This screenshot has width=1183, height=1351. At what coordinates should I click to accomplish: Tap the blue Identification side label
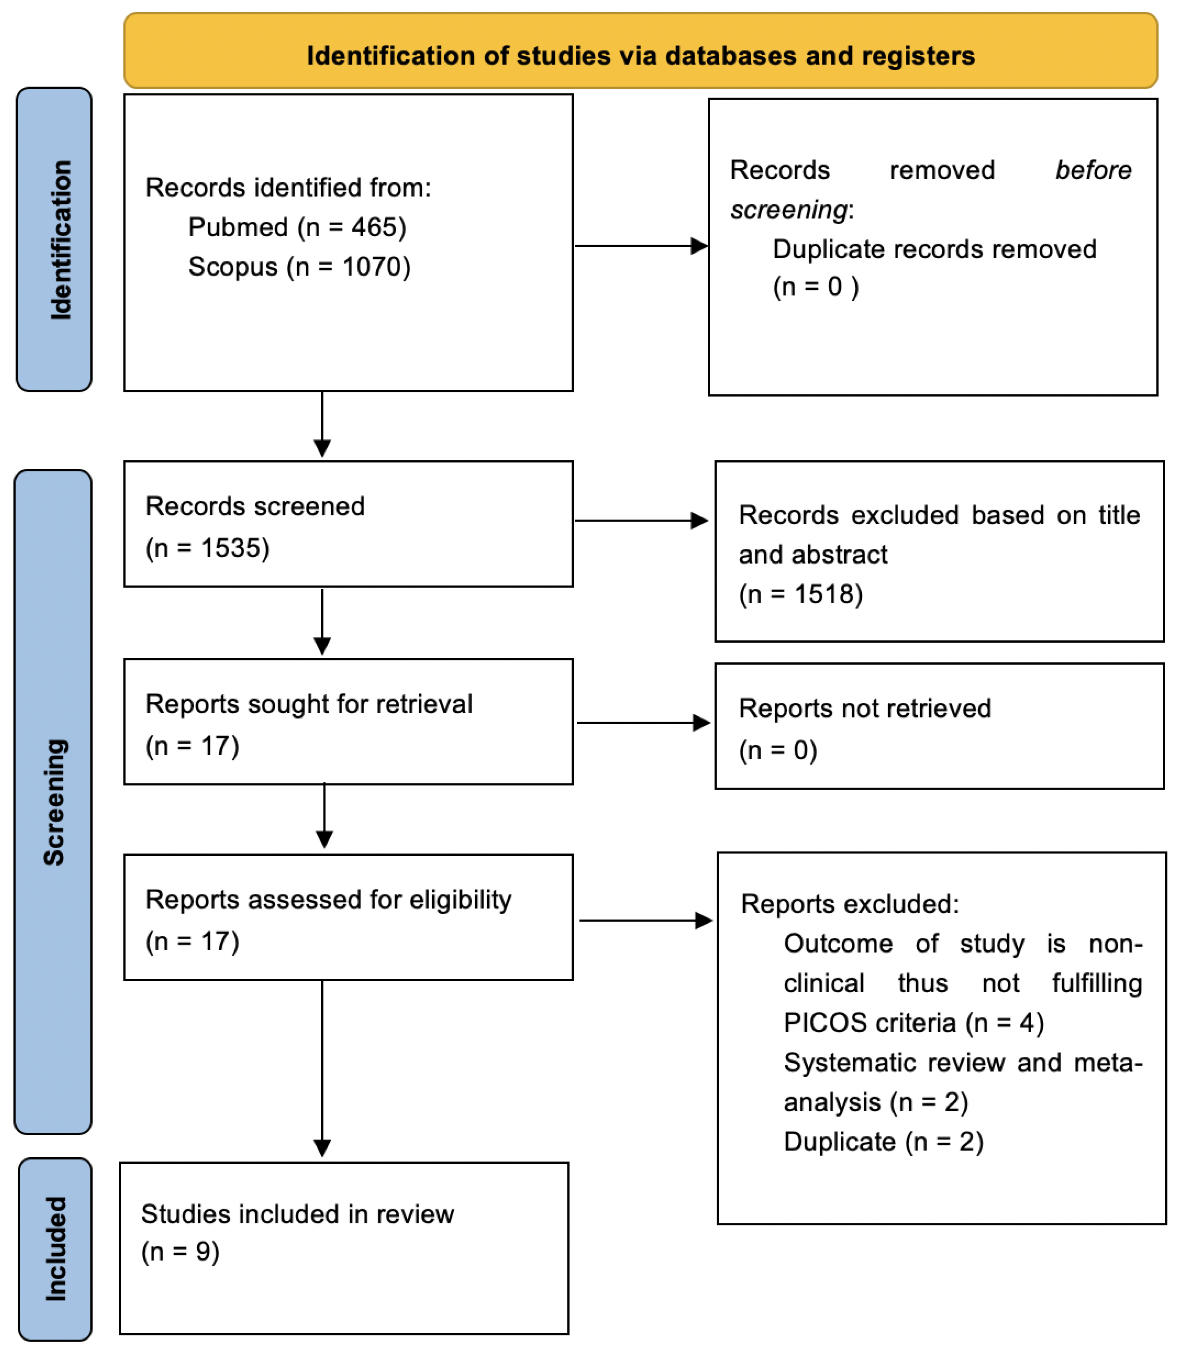54,239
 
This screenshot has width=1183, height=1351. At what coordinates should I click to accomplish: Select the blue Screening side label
53,802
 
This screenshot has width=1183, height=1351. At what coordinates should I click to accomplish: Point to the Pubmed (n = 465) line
297,227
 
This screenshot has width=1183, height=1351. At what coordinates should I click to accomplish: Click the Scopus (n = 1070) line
299,267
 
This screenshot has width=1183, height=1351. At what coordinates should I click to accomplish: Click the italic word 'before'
1093,171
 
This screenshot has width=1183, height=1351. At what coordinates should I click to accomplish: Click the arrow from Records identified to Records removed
640,246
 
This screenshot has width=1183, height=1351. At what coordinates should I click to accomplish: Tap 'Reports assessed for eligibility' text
328,899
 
